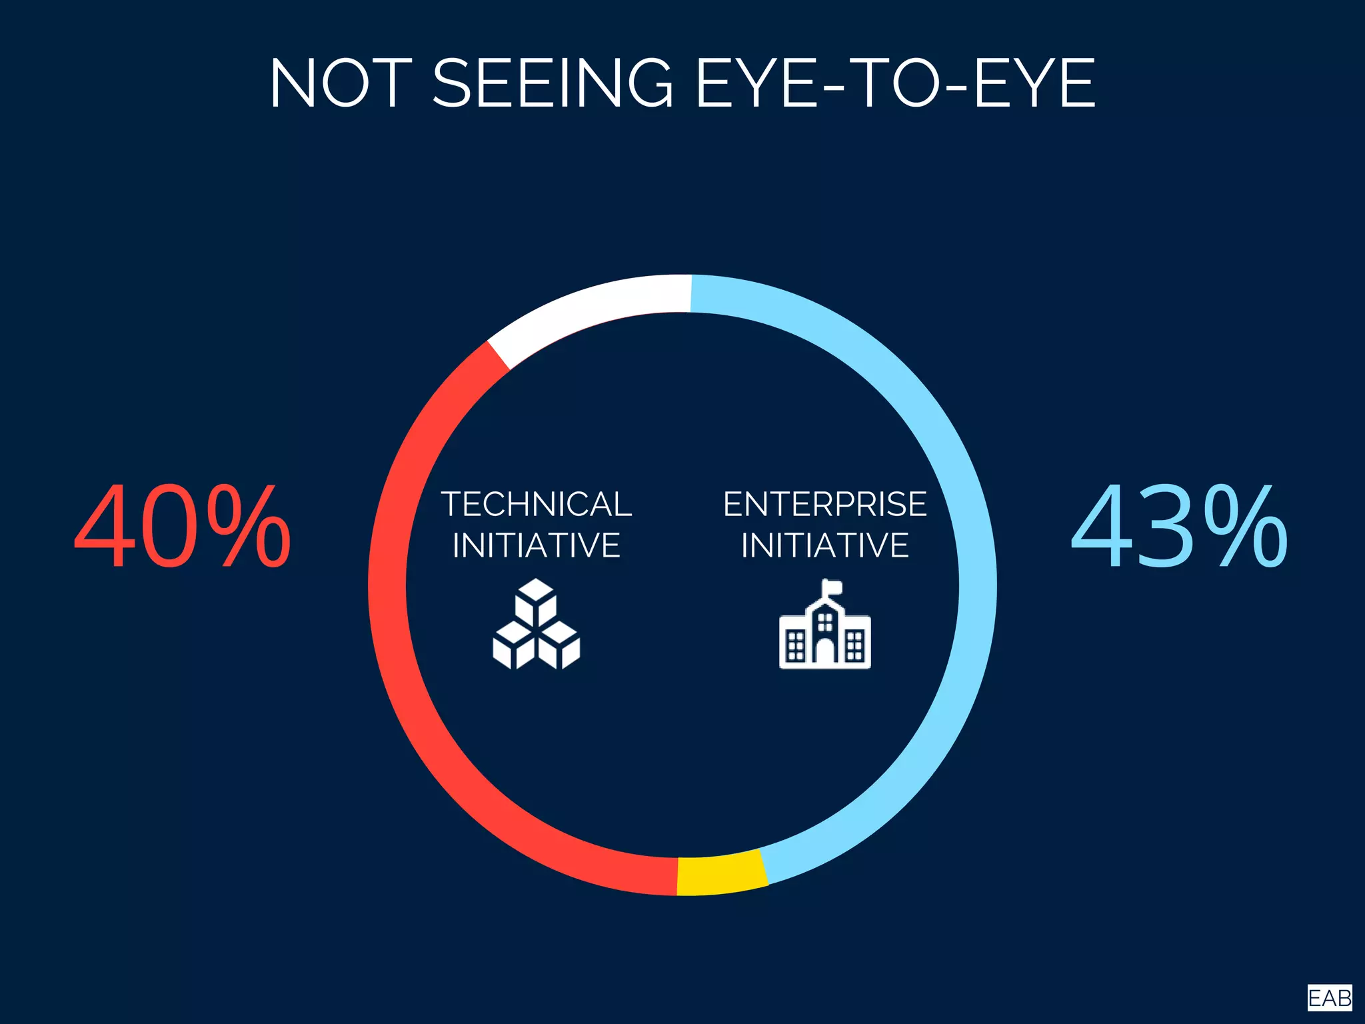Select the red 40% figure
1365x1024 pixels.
point(182,527)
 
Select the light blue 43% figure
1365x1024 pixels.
point(1179,527)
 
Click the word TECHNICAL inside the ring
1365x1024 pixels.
point(537,504)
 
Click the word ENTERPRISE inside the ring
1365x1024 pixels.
point(824,504)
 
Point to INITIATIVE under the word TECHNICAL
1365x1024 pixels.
point(537,545)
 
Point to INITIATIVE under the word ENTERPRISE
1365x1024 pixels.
point(824,545)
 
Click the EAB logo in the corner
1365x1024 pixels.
point(1329,998)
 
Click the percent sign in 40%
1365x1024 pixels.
point(249,527)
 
